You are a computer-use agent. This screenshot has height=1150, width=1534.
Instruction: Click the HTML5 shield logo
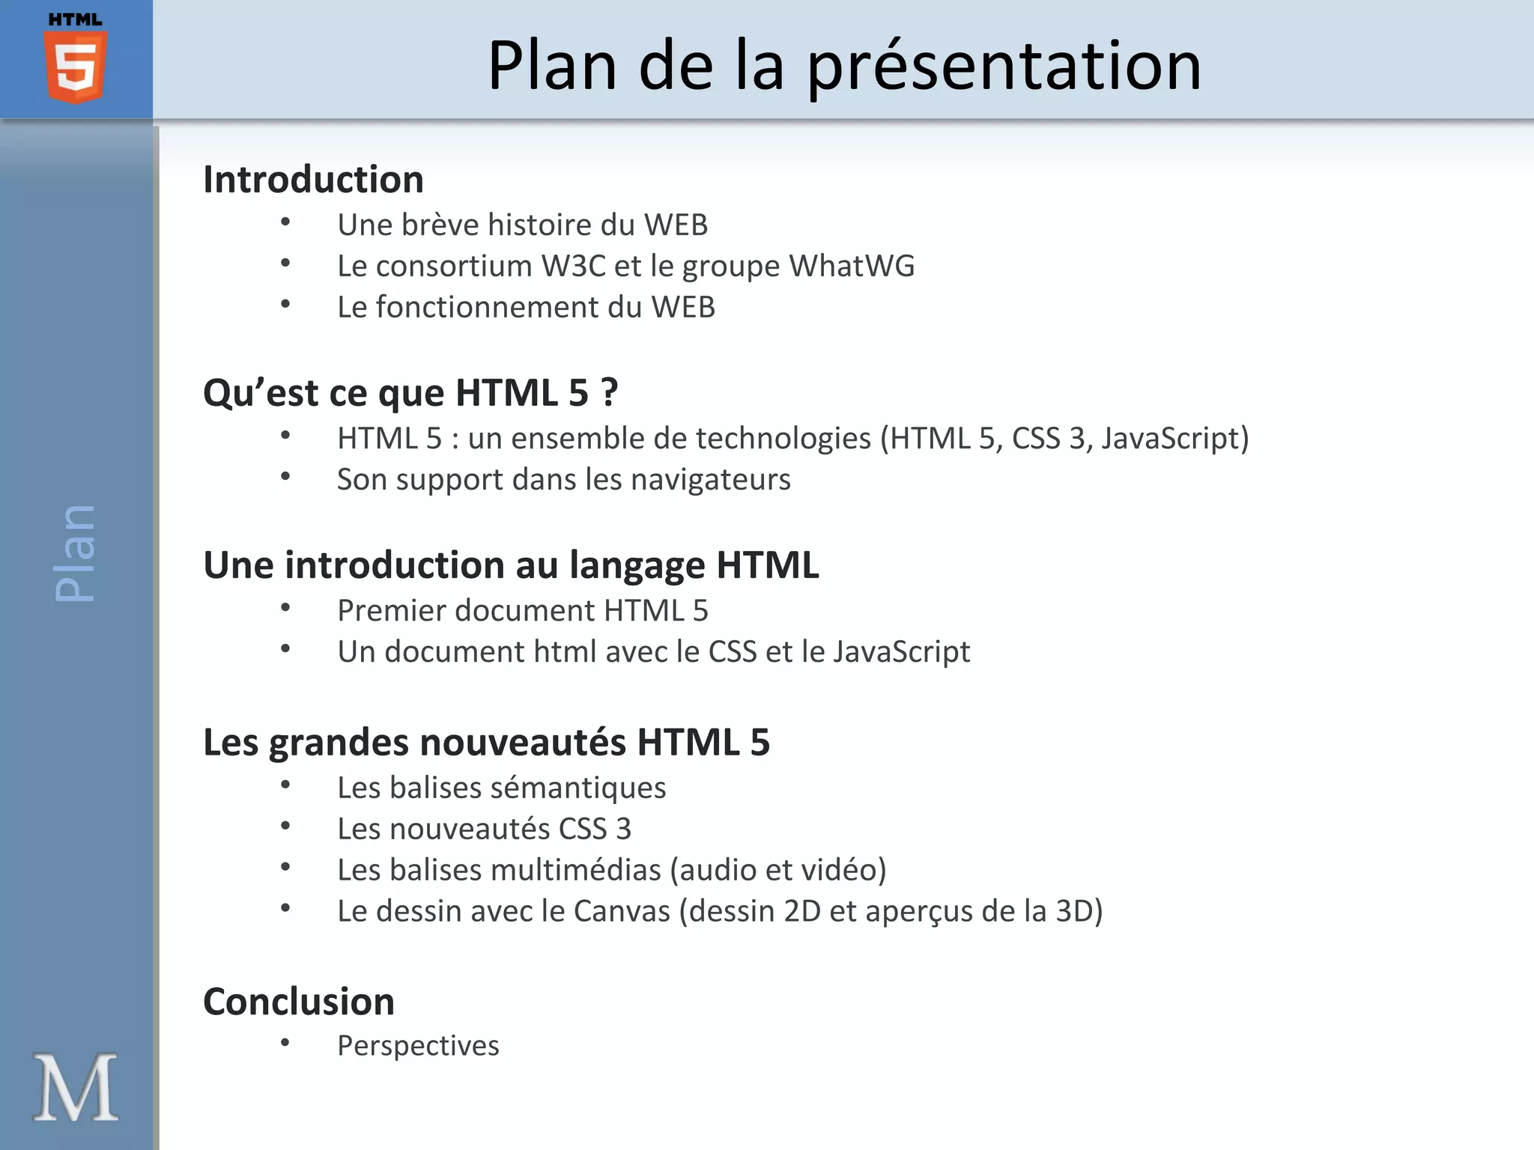point(76,65)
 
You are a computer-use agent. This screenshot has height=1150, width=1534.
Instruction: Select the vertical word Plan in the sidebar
point(76,553)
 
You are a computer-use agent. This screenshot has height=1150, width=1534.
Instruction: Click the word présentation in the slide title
point(1004,67)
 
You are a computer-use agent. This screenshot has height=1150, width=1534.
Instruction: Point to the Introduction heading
point(313,180)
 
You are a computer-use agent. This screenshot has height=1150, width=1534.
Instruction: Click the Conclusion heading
point(299,1002)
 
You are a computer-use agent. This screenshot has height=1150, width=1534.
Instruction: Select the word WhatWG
point(852,266)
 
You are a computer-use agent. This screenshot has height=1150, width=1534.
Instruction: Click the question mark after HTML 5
point(609,392)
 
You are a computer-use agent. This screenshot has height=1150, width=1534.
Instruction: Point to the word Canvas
point(622,911)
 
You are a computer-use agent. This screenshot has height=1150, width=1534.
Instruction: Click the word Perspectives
point(418,1046)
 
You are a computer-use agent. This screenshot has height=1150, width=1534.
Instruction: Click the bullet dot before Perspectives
point(285,1042)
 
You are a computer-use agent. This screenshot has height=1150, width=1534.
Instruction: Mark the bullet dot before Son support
point(285,476)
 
